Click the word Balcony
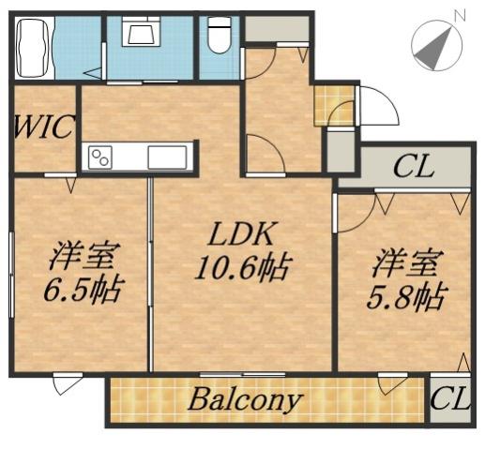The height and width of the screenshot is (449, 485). (x=245, y=400)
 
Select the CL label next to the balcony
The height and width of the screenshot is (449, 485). (x=449, y=400)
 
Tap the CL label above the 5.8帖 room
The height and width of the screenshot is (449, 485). (x=412, y=169)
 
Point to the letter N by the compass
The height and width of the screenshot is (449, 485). (x=460, y=15)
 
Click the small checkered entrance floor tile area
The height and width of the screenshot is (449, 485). (x=335, y=105)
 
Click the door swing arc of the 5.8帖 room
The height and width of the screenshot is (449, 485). (x=354, y=214)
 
